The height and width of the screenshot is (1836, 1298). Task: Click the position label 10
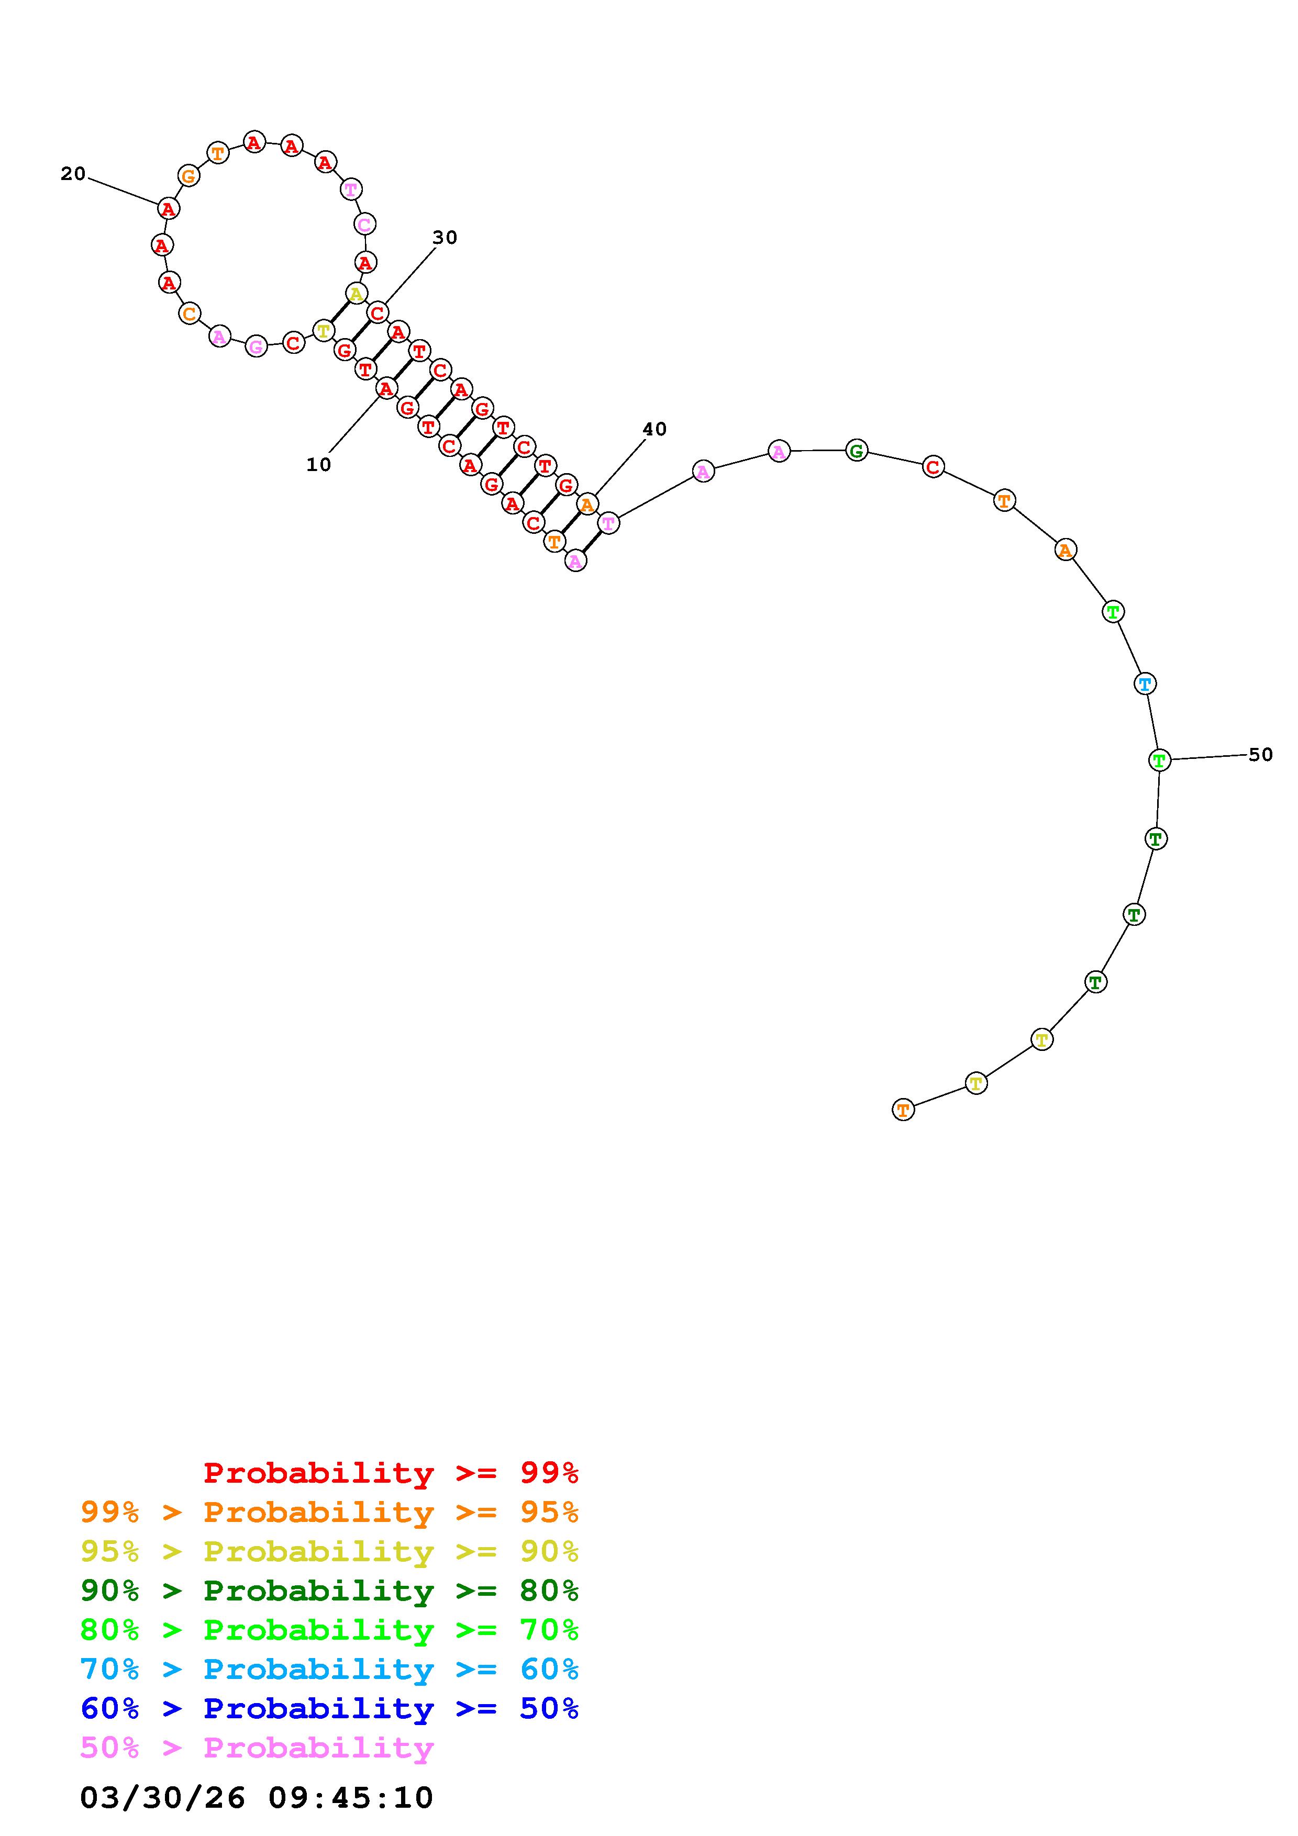tap(318, 465)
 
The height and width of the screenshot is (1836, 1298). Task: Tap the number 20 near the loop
tap(73, 174)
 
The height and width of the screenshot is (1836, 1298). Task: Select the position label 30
tap(445, 238)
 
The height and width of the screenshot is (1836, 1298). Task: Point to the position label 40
tap(654, 429)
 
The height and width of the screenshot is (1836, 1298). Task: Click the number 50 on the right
tap(1260, 754)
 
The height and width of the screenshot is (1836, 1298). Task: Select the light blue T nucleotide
tap(1145, 684)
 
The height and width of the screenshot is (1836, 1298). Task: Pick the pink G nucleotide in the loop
tap(256, 346)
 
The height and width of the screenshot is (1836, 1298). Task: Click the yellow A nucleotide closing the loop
tap(356, 294)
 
